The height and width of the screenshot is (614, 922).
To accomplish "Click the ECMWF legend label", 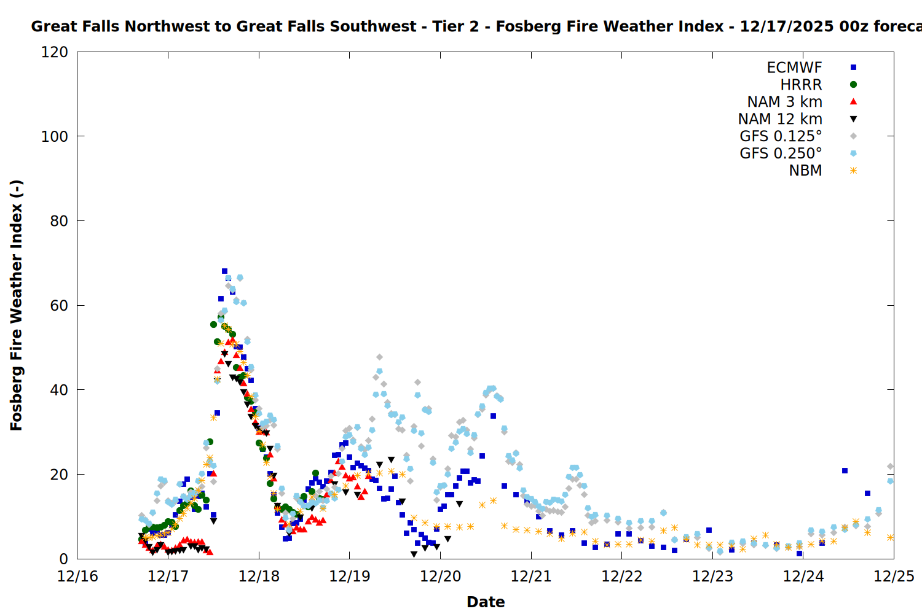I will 794,68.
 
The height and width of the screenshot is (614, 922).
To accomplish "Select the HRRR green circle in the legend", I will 853,85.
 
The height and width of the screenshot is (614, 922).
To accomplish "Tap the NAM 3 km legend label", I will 784,102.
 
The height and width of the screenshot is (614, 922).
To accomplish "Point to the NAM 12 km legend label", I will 780,119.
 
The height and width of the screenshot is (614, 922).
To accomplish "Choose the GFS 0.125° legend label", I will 781,136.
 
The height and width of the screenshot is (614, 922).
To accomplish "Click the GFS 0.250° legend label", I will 781,153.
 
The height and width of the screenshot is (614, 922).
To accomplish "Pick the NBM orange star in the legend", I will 853,171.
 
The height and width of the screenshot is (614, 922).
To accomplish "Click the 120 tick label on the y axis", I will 55,52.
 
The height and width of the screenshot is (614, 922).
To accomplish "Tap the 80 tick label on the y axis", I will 59,221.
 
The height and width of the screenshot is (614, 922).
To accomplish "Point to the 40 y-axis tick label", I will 59,390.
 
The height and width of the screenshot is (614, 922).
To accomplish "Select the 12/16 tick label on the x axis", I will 77,577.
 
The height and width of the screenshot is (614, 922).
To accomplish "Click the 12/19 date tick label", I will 350,577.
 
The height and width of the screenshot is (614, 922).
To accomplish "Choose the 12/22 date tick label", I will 622,577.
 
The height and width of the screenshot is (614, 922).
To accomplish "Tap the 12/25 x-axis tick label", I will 894,577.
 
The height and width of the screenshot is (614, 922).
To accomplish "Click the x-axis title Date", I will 486,602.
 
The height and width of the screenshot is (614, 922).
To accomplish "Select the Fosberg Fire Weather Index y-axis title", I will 17,305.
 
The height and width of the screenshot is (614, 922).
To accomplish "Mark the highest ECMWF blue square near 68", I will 224,271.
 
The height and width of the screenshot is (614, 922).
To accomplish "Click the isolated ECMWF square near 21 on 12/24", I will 845,471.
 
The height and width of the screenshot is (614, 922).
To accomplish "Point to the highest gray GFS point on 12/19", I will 379,357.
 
